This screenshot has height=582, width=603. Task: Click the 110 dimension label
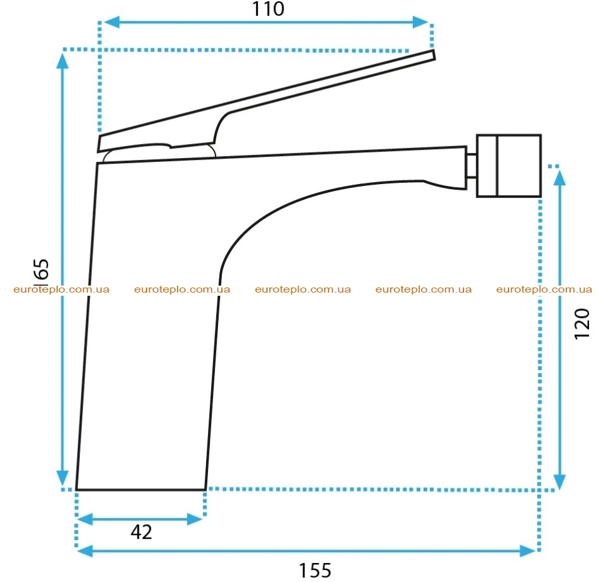coord(268,9)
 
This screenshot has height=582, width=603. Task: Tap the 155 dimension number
coord(315,571)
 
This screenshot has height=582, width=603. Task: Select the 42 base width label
coord(141,532)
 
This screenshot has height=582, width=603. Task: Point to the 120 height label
coord(582,324)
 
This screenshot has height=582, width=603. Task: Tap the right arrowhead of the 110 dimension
coord(420,22)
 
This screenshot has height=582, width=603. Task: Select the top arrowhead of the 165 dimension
coord(62,61)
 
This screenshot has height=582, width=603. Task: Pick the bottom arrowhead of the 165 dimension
coord(62,478)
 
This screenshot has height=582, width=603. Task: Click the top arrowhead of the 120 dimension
coord(559,178)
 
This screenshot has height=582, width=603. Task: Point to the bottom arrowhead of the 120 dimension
coord(559,482)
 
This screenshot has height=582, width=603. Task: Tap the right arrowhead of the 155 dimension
coord(528,551)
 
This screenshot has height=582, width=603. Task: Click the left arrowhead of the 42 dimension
coord(86,519)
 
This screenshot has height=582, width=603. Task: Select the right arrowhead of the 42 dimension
coord(195,519)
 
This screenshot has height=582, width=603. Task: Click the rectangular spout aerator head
coord(509,166)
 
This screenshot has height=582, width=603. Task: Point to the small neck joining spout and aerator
coord(472,166)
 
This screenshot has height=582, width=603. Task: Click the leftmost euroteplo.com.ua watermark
coord(62,289)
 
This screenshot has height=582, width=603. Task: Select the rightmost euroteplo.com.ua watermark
coord(544,289)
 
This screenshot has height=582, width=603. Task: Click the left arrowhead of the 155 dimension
coord(86,551)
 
